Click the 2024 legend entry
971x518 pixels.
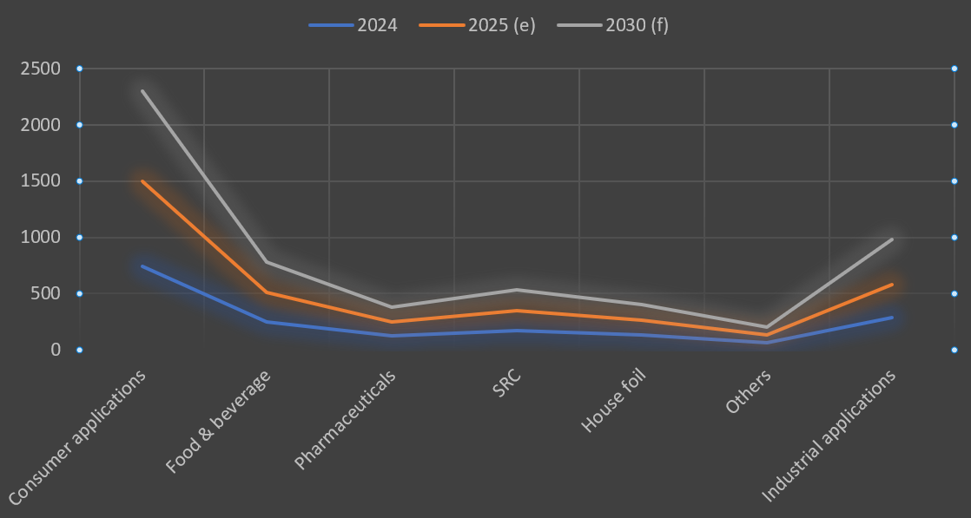click(x=353, y=25)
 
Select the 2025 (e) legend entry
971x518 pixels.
click(x=478, y=25)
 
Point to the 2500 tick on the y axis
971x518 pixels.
click(x=41, y=69)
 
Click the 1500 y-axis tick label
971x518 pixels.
click(x=41, y=181)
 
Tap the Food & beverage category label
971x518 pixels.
click(x=219, y=421)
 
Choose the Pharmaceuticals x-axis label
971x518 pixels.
click(x=346, y=418)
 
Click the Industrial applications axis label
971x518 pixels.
click(x=829, y=436)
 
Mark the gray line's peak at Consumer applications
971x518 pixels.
click(x=142, y=91)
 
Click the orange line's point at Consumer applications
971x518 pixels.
click(x=142, y=181)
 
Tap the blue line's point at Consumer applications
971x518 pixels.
click(x=142, y=266)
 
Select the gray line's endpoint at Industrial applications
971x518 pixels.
click(x=891, y=239)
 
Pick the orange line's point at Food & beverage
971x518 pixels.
click(x=267, y=292)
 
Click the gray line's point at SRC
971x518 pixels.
click(x=517, y=290)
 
